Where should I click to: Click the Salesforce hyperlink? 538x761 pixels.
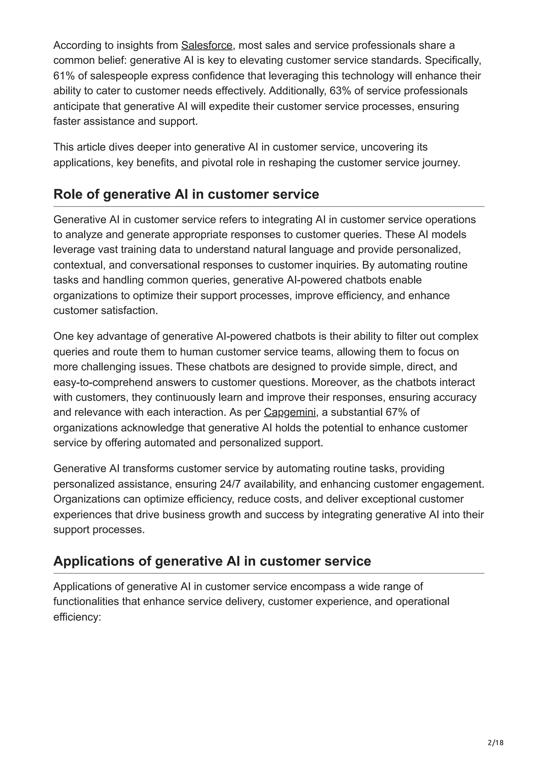[206, 45]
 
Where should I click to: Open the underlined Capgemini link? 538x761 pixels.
[290, 412]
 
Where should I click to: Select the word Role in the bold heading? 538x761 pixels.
[67, 194]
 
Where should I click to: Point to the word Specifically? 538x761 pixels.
[453, 60]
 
